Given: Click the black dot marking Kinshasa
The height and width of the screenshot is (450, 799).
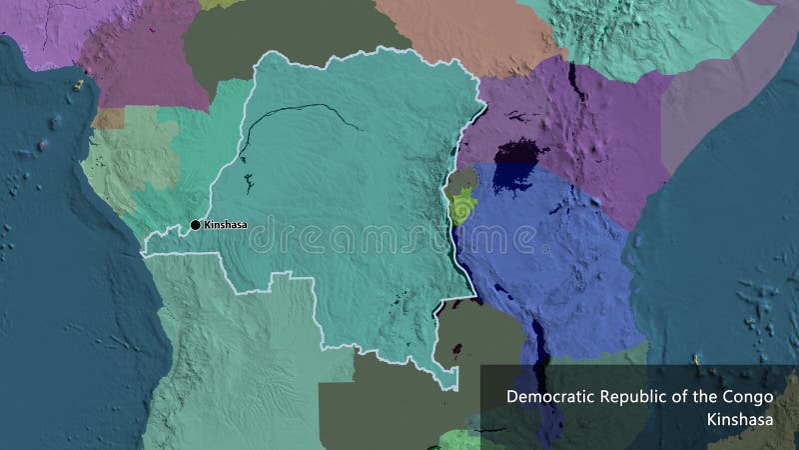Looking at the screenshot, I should coord(196,225).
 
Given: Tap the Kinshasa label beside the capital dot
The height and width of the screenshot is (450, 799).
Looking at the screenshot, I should coord(225,225).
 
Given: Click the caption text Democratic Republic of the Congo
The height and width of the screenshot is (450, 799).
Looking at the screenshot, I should coord(640,396).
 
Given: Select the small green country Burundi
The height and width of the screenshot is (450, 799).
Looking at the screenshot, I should coord(461,209).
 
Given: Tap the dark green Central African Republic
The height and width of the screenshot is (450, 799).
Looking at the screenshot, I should coord(280,30).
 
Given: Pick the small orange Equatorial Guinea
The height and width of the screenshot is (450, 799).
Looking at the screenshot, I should coord(104,119).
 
